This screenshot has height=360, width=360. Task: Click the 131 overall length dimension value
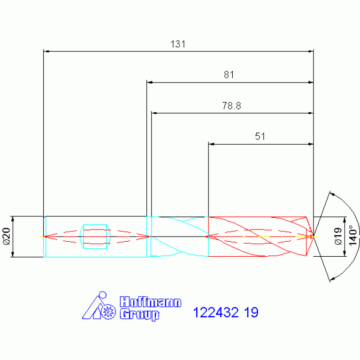[178, 44]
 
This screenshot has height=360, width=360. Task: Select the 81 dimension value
[229, 75]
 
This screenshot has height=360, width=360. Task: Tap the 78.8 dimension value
[231, 106]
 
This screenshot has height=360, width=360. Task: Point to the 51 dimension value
[260, 137]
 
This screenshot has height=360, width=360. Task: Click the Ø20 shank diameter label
[7, 236]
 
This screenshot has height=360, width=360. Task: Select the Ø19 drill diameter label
[338, 236]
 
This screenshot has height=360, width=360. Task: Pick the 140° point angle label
[353, 236]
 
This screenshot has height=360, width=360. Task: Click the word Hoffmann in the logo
[150, 302]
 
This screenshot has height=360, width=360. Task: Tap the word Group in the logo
[139, 314]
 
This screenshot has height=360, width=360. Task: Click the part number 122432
[216, 313]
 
